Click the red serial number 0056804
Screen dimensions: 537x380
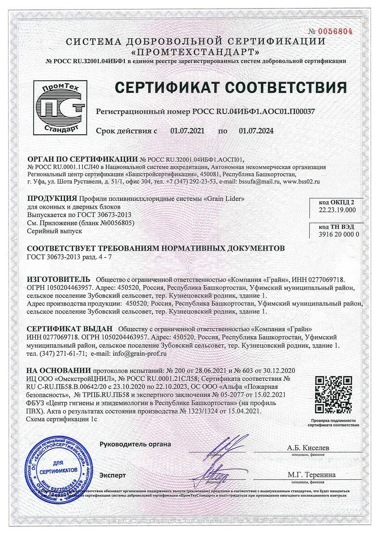pyautogui.click(x=336, y=31)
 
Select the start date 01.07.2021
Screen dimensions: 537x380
pyautogui.click(x=187, y=131)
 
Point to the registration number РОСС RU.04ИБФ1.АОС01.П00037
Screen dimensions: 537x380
pyautogui.click(x=254, y=111)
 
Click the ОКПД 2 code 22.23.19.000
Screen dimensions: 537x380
pyautogui.click(x=337, y=209)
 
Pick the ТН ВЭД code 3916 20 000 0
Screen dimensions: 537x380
pyautogui.click(x=339, y=234)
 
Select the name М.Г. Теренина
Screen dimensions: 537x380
pyautogui.click(x=308, y=475)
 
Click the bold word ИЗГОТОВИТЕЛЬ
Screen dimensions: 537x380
pyautogui.click(x=58, y=279)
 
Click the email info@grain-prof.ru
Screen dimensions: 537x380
pyautogui.click(x=135, y=353)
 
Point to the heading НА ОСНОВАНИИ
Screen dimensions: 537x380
pyautogui.click(x=58, y=371)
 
